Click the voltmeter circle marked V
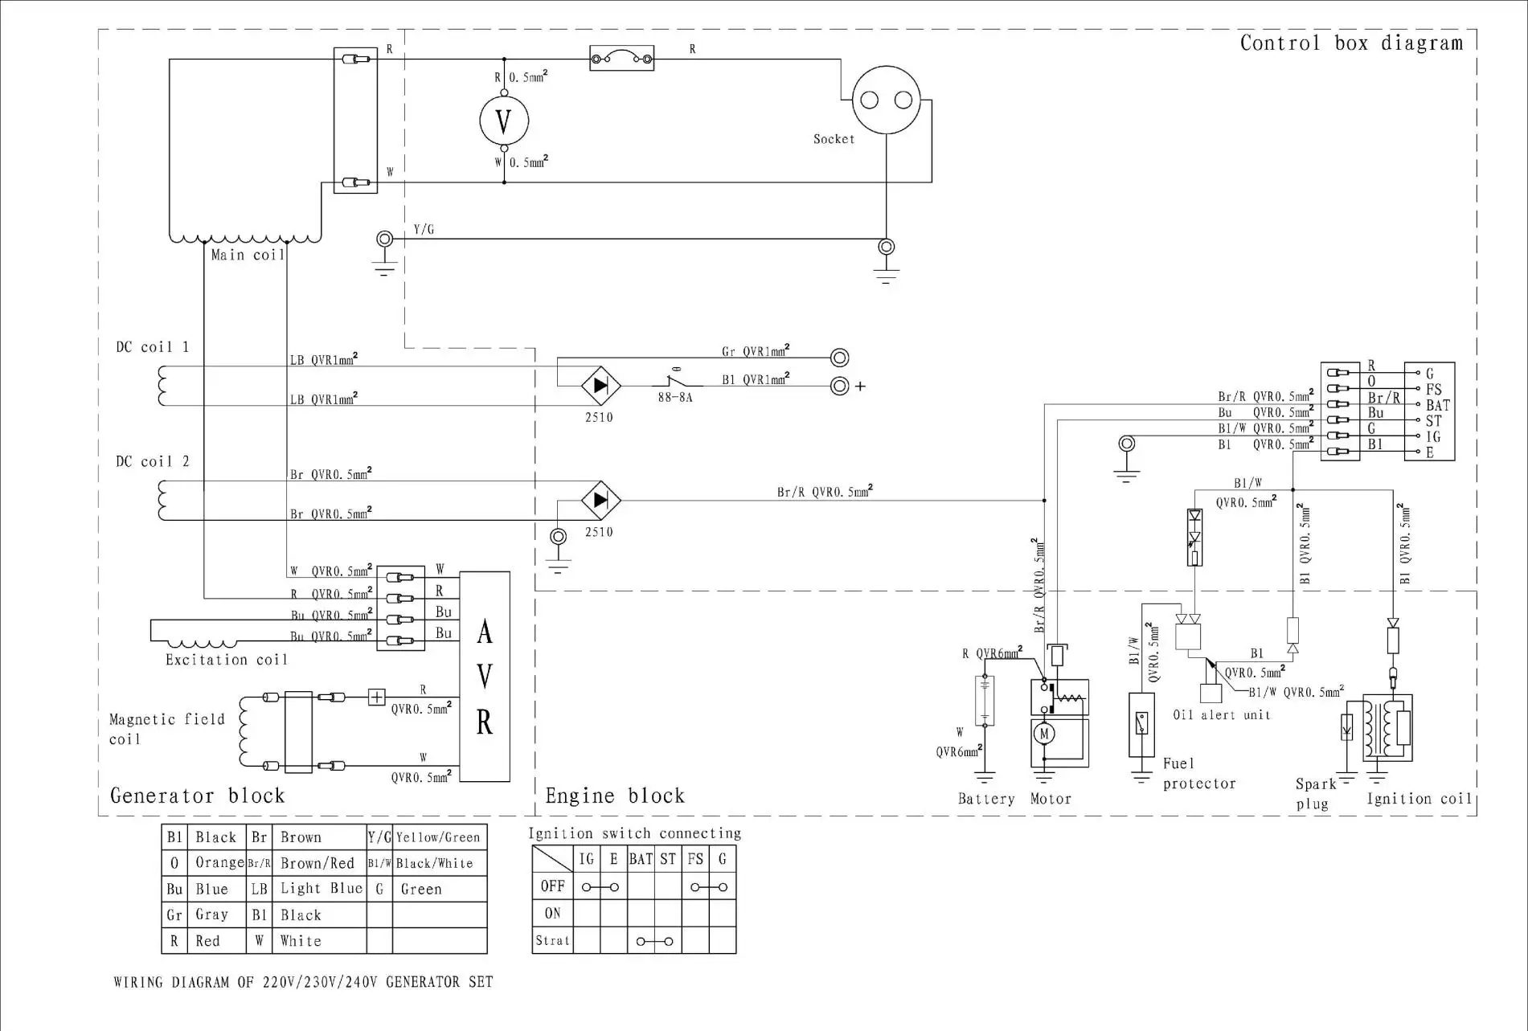point(504,121)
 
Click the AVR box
point(485,677)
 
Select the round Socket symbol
point(886,100)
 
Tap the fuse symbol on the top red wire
point(621,58)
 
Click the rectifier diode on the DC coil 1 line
point(600,386)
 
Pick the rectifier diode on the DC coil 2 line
point(600,500)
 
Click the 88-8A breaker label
point(674,397)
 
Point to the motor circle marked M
point(1044,733)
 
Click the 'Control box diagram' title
point(1351,43)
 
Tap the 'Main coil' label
point(248,255)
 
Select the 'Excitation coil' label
point(226,660)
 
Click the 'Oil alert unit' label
point(1221,714)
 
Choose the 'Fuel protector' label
point(1198,773)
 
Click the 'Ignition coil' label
point(1419,798)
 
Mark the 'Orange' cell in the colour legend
point(219,862)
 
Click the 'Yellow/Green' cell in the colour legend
point(438,837)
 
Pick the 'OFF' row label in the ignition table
point(552,886)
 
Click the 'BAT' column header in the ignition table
point(641,859)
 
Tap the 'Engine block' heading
point(615,796)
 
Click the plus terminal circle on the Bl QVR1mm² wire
point(839,386)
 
